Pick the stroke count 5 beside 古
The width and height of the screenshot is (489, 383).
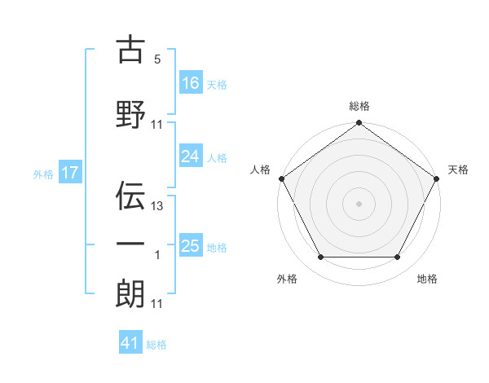point(158,59)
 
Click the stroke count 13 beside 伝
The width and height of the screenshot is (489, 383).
point(158,206)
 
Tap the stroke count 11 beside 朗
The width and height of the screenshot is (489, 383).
point(158,304)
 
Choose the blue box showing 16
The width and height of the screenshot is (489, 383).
point(191,83)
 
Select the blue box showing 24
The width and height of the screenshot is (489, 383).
point(191,156)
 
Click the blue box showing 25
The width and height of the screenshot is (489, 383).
point(191,246)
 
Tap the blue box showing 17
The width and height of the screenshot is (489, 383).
point(69,173)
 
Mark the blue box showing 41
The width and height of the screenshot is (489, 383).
point(130,343)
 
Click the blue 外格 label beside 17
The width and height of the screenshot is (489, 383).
point(42,174)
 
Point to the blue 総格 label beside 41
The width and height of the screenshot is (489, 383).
point(156,345)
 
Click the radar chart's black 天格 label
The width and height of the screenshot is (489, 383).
point(459,169)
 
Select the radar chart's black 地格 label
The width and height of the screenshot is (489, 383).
point(427,279)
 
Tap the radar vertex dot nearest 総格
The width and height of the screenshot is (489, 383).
point(359,124)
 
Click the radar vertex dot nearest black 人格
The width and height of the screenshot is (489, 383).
point(282,178)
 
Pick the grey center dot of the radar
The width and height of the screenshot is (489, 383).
point(359,203)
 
